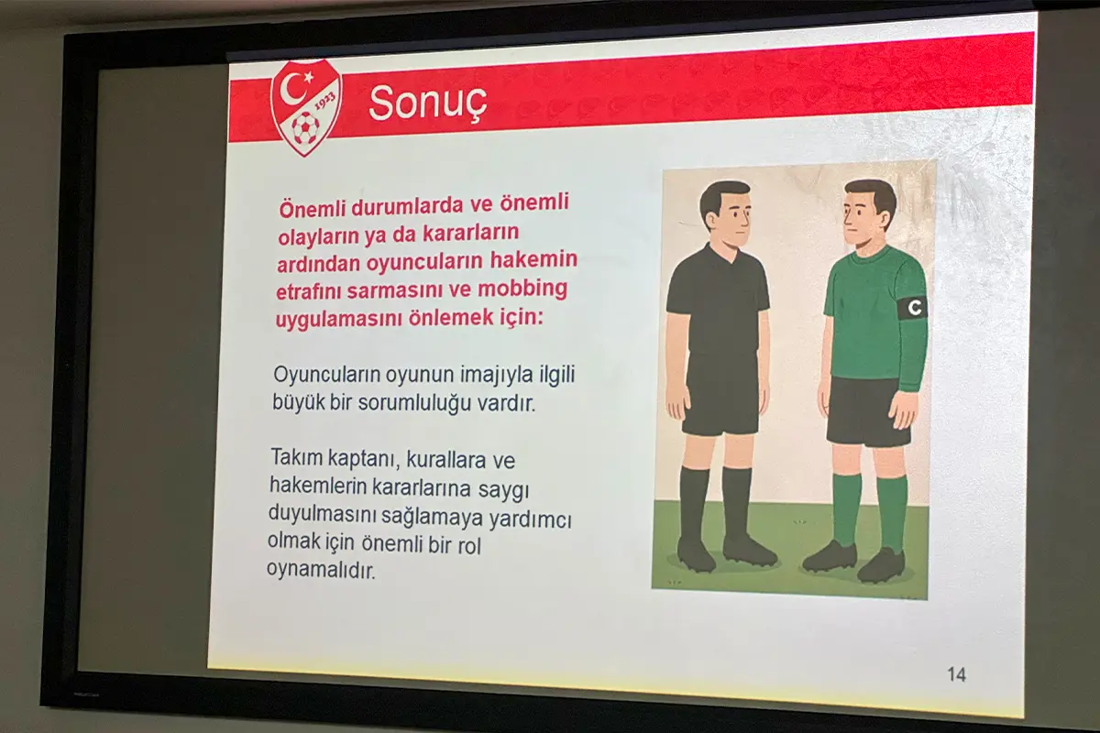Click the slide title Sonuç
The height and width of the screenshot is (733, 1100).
[428, 104]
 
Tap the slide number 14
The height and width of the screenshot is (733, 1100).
[957, 674]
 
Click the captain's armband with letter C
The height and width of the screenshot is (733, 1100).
[912, 308]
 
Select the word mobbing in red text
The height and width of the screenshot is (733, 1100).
[522, 289]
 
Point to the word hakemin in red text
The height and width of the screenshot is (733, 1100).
[533, 259]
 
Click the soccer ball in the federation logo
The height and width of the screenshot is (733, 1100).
[305, 127]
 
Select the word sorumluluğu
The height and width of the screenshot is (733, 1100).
[415, 403]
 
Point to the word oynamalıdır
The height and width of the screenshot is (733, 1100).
[321, 570]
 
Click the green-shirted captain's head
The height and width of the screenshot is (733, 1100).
[869, 215]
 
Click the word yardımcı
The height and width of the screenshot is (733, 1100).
[531, 520]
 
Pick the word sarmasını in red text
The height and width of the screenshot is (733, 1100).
[398, 290]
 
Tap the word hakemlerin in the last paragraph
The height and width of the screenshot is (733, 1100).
[318, 486]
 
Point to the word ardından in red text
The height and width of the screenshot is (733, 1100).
[318, 264]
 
